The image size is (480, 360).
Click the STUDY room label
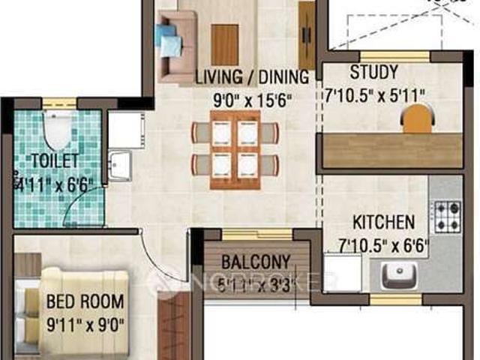(x=373, y=73)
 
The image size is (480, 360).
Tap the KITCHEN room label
(x=383, y=222)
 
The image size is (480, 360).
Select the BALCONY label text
(x=255, y=262)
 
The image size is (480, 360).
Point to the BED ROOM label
(x=84, y=301)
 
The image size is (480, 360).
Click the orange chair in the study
(x=418, y=119)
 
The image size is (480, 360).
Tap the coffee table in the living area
(x=225, y=43)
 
